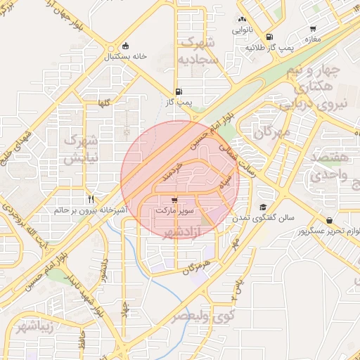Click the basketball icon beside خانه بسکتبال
pyautogui.click(x=125, y=46)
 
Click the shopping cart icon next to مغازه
pyautogui.click(x=312, y=30)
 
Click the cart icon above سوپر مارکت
pyautogui.click(x=174, y=200)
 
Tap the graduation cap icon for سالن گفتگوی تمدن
pyautogui.click(x=262, y=207)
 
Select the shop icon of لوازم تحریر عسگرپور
pyautogui.click(x=329, y=221)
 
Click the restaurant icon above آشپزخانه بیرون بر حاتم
pyautogui.click(x=91, y=199)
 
